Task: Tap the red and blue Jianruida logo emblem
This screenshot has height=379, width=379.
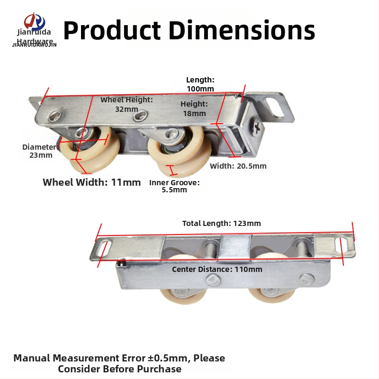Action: click(34, 21)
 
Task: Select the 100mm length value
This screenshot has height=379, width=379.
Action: click(200, 89)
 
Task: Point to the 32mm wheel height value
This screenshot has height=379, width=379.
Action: click(126, 109)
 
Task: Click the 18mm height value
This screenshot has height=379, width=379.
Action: click(194, 113)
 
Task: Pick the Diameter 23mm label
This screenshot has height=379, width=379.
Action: click(40, 151)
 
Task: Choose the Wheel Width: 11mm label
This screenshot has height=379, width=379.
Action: click(91, 182)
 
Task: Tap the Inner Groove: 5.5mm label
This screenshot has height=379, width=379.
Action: click(174, 186)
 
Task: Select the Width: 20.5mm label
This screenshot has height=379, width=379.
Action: click(238, 166)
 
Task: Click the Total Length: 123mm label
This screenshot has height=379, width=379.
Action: click(222, 223)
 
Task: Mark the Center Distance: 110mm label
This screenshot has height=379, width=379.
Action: click(217, 269)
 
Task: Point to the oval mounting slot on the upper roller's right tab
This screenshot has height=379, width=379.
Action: click(275, 107)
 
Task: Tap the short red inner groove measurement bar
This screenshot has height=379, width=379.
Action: click(172, 170)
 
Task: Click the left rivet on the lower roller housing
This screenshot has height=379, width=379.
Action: click(213, 281)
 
